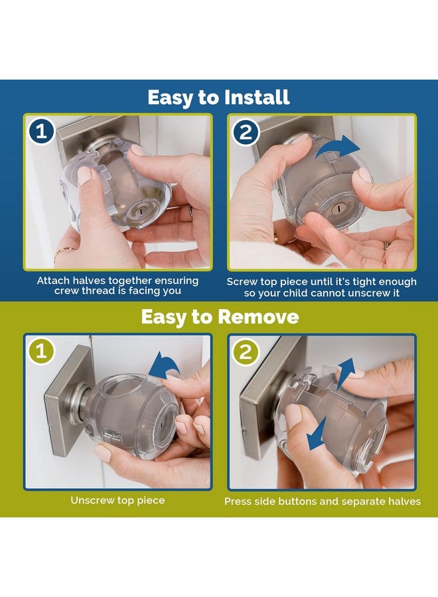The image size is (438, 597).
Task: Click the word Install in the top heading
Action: coord(254,98)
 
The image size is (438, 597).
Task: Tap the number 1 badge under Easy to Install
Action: coord(42,132)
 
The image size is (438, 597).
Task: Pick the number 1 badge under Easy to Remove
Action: coord(42,352)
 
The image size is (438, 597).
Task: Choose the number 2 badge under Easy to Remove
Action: coord(246,352)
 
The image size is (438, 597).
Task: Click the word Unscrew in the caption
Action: coord(94,500)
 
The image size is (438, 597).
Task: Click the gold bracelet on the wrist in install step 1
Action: coord(65,251)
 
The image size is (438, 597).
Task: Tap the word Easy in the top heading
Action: coord(169,98)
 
